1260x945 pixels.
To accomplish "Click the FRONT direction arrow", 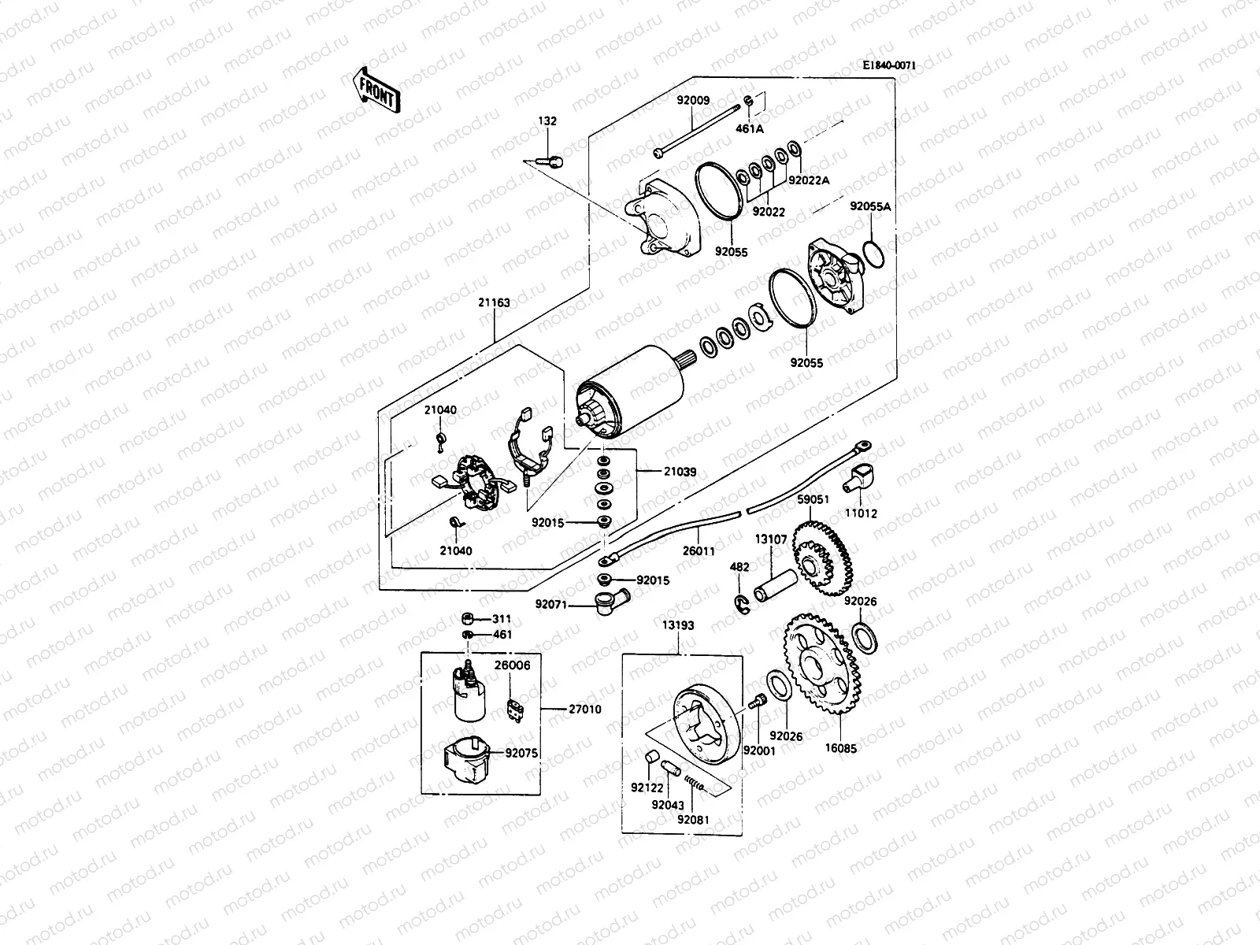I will (376, 88).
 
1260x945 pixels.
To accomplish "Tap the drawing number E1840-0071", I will (889, 66).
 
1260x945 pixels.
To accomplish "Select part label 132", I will (547, 121).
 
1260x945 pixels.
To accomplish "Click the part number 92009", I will (694, 101).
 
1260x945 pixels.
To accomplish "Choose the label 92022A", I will (809, 180).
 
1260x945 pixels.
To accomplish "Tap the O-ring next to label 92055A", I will (874, 254).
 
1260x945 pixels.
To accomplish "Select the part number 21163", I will (494, 302).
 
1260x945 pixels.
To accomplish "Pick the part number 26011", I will (699, 551).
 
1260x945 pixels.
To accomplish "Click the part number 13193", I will (678, 625).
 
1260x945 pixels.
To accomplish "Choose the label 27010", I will (585, 710).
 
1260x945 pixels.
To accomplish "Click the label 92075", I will (521, 753).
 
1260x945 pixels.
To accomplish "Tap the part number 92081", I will (693, 820).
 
